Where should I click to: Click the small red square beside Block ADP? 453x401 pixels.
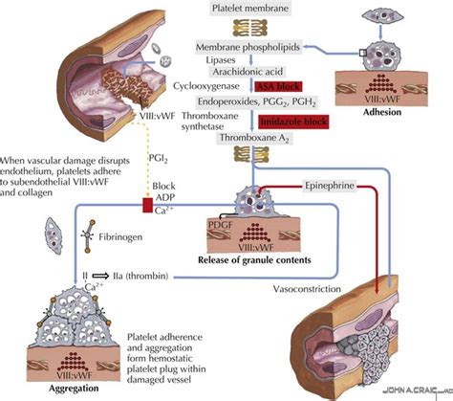(x=122, y=204)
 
